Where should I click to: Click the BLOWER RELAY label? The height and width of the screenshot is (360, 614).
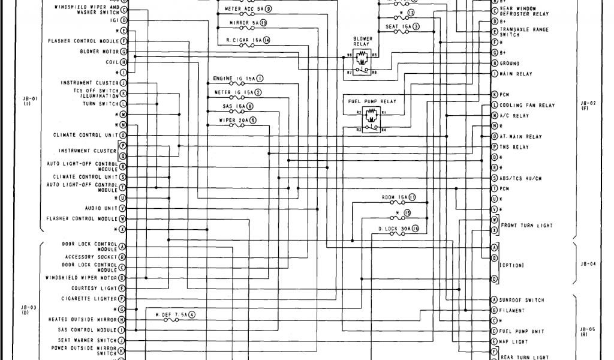(x=363, y=41)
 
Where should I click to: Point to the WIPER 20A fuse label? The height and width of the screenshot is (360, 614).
(x=233, y=120)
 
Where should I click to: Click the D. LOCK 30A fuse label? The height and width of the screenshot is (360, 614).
(x=394, y=229)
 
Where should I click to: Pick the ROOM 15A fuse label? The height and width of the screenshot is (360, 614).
(x=394, y=197)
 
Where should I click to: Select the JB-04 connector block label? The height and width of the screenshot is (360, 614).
(x=588, y=263)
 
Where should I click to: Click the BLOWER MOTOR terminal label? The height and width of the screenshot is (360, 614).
(x=98, y=52)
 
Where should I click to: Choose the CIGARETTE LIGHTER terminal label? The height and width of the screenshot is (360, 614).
(x=89, y=298)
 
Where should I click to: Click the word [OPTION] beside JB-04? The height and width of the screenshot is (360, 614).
(x=511, y=265)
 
